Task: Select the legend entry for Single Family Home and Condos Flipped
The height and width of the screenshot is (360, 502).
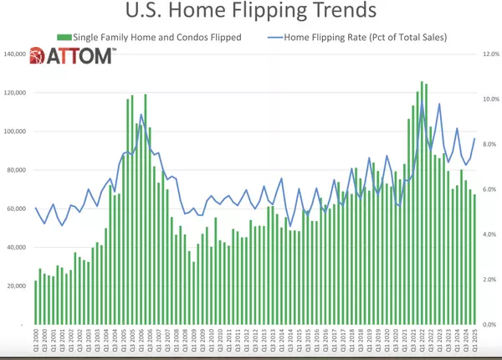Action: (146, 39)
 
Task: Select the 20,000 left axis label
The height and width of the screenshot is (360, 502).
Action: (18, 285)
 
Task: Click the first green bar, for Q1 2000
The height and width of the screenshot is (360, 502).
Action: (36, 302)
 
